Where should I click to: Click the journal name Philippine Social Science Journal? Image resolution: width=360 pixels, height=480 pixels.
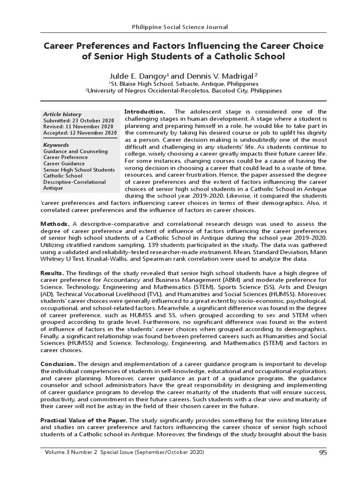pos(180,27)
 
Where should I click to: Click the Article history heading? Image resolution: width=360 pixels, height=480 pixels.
pos(62,114)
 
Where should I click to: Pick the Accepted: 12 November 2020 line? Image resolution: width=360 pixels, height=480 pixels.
pos(80,133)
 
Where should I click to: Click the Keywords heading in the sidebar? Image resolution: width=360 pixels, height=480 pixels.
pos(56,145)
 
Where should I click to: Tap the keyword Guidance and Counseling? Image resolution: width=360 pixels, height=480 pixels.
pos(75,151)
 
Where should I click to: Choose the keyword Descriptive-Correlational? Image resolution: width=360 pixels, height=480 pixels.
pos(75,182)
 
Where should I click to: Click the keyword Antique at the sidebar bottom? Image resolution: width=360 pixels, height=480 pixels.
pos(53,188)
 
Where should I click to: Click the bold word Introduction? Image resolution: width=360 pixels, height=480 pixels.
pos(144,112)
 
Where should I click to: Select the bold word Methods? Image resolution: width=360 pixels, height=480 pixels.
pos(55,224)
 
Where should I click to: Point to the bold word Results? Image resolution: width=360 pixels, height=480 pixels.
pos(52,273)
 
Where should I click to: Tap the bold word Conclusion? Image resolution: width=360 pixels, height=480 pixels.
pos(58,364)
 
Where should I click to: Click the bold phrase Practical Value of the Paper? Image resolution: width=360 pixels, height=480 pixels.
pos(81,421)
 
